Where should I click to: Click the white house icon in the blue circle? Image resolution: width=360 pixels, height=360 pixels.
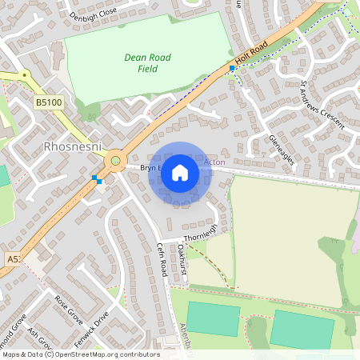pos(180,173)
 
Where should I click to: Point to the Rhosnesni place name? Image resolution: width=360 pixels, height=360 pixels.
pos(66,147)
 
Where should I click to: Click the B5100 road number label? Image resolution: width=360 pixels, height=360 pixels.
pos(48,102)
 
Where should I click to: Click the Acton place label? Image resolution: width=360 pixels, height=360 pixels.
pos(214,162)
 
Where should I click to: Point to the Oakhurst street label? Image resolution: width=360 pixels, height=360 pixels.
pos(182,262)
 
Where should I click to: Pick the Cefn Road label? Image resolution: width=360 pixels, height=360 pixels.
pos(162,260)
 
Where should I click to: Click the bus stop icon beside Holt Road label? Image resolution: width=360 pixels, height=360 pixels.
pos(232,69)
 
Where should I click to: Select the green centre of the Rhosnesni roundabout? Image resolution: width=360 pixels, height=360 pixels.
pos(115,161)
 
